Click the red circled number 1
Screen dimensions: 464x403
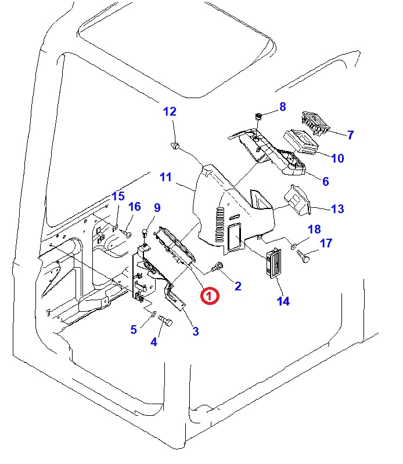pyautogui.click(x=209, y=296)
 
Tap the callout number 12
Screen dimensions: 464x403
pyautogui.click(x=170, y=111)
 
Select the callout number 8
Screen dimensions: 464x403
pyautogui.click(x=283, y=107)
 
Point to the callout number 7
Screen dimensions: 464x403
pyautogui.click(x=350, y=135)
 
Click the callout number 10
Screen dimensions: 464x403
pyautogui.click(x=337, y=158)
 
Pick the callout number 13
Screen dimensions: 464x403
pyautogui.click(x=337, y=208)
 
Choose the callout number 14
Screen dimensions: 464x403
pyautogui.click(x=283, y=301)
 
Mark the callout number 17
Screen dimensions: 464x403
pyautogui.click(x=326, y=243)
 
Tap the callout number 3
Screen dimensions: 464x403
pyautogui.click(x=196, y=331)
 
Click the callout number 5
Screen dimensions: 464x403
pyautogui.click(x=134, y=329)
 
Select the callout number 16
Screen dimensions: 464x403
pyautogui.click(x=134, y=207)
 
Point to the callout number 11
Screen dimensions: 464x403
pyautogui.click(x=166, y=177)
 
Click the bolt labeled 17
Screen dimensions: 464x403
pyautogui.click(x=304, y=256)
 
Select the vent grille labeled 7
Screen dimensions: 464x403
pyautogui.click(x=314, y=123)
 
